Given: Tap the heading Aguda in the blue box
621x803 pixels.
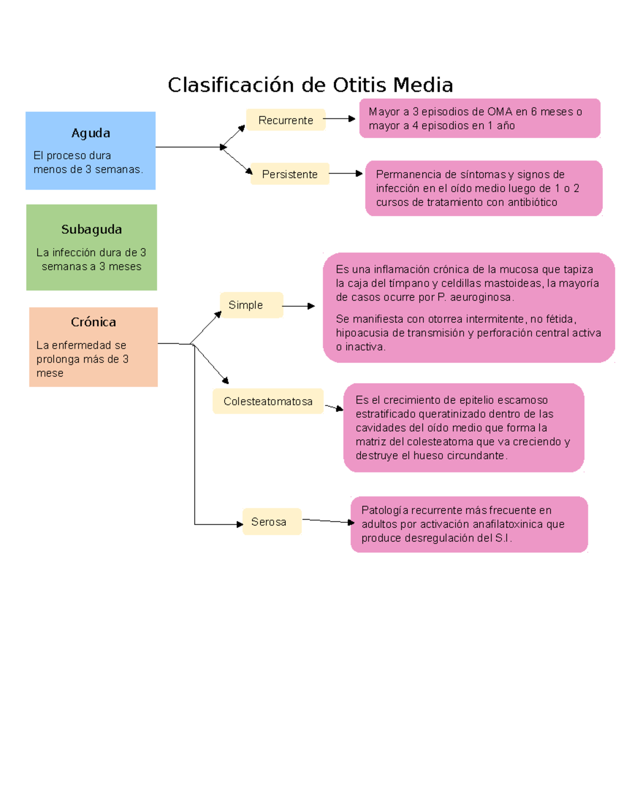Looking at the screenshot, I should pyautogui.click(x=91, y=133).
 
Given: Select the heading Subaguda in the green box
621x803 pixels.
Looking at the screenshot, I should pyautogui.click(x=92, y=229).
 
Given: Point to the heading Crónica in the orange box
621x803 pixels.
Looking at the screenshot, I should pyautogui.click(x=93, y=322).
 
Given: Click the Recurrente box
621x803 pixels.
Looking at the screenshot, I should pyautogui.click(x=286, y=120).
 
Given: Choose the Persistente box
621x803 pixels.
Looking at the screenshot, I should pyautogui.click(x=289, y=174).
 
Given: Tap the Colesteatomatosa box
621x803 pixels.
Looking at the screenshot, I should pyautogui.click(x=268, y=401).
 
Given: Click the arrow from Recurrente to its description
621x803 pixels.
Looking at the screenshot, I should pyautogui.click(x=339, y=119).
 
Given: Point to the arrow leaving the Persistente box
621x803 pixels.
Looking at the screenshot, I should pyautogui.click(x=346, y=173).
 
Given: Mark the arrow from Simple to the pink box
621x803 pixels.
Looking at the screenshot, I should pyautogui.click(x=299, y=306).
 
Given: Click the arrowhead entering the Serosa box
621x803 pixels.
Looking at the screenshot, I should pyautogui.click(x=240, y=524).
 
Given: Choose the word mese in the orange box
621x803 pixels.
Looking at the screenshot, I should pyautogui.click(x=50, y=373).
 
